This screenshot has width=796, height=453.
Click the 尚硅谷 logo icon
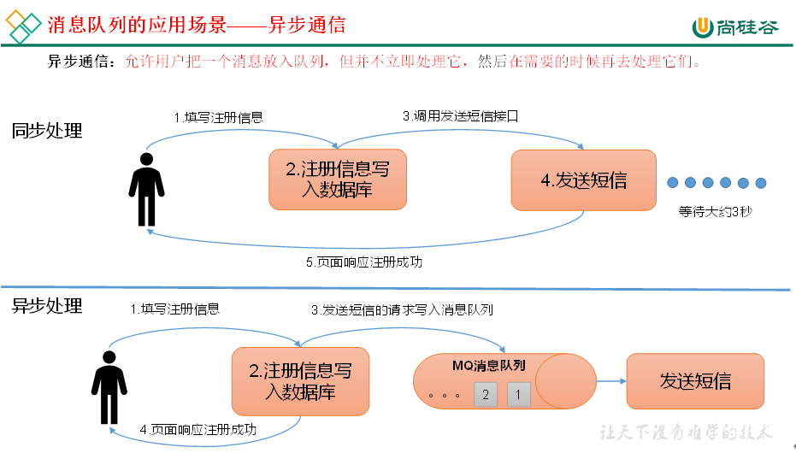point(702,26)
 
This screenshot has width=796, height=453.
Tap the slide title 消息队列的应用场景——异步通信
point(197,25)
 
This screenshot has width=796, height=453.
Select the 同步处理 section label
point(47,131)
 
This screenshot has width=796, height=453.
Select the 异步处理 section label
point(47,305)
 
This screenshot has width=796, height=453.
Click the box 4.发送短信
point(583,180)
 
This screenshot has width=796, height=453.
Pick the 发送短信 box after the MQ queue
point(695,380)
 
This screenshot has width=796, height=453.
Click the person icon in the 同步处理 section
point(146,190)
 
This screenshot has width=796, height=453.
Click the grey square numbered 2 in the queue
point(486,394)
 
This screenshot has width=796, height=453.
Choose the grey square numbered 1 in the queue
point(519,394)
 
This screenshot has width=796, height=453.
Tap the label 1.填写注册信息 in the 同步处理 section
point(219,117)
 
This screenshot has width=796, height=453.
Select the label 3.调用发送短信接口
point(461,115)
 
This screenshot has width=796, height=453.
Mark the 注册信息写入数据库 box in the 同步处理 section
point(338,180)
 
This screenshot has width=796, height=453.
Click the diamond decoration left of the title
point(23,25)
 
